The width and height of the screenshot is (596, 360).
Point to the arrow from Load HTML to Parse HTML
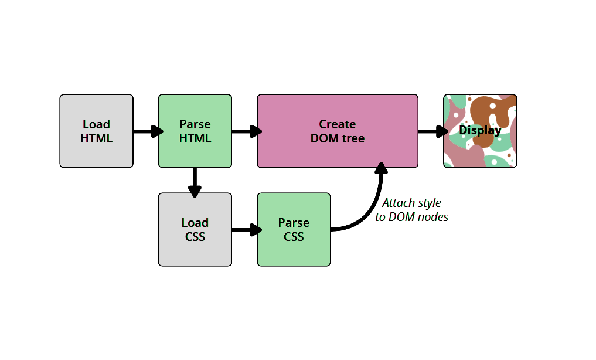tap(147, 131)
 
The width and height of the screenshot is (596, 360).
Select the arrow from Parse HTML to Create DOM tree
tap(245, 131)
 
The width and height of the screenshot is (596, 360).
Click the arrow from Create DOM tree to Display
tap(431, 131)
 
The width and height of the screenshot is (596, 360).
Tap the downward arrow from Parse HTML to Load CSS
tap(195, 181)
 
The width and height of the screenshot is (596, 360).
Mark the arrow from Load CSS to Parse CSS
tap(245, 230)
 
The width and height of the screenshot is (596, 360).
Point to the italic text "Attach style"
tap(411, 203)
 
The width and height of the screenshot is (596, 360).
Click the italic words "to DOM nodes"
tap(411, 217)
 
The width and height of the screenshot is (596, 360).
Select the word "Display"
tap(480, 130)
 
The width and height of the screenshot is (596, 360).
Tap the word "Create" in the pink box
tap(338, 124)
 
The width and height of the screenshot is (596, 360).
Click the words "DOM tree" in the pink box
tap(338, 139)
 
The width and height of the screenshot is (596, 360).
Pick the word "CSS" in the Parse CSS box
tap(294, 237)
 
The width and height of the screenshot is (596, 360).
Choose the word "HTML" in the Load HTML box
tap(96, 139)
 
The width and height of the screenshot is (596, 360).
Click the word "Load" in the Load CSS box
tap(195, 223)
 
